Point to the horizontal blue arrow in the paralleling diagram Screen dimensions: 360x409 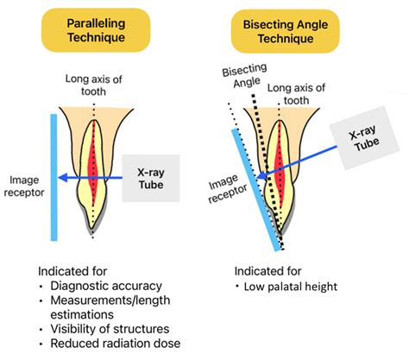(x=95, y=177)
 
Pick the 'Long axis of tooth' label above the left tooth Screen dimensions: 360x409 (x=95, y=87)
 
